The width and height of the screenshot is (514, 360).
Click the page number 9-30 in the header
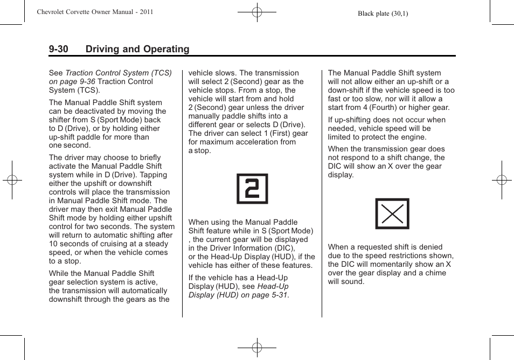pyautogui.click(x=58, y=49)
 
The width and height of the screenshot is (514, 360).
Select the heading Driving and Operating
pyautogui.click(x=137, y=49)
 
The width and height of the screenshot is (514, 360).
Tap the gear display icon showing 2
pyautogui.click(x=252, y=189)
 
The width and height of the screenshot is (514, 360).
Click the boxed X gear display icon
pyautogui.click(x=392, y=214)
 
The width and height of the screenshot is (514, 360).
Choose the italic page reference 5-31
pyautogui.click(x=277, y=295)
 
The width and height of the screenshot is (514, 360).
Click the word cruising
pyautogui.click(x=107, y=244)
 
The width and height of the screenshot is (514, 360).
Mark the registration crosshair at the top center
pyautogui.click(x=257, y=11)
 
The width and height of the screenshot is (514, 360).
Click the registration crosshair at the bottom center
pyautogui.click(x=257, y=348)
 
